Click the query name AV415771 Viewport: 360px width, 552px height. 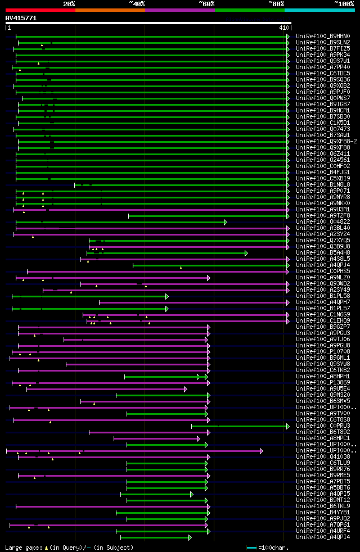(x=21, y=18)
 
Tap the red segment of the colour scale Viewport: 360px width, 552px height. (x=40, y=10)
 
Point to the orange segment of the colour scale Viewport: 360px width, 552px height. (x=110, y=10)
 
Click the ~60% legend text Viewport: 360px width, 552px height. (x=206, y=3)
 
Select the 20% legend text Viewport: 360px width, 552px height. (x=69, y=3)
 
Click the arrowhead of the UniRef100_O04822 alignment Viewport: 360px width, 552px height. (x=226, y=222)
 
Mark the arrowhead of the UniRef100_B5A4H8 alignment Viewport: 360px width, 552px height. (x=246, y=253)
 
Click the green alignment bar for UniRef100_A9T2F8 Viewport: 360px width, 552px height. (x=208, y=216)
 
